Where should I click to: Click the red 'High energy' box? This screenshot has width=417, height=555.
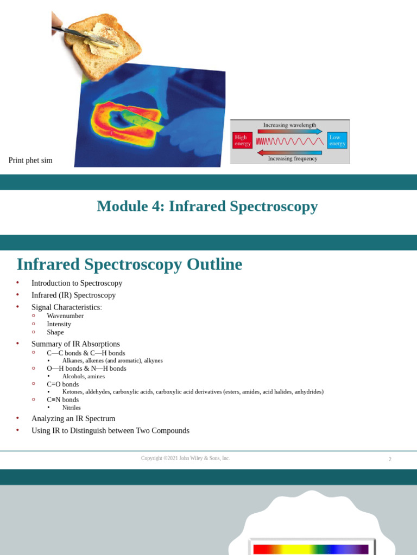coord(242,140)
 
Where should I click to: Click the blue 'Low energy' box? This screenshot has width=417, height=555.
coord(337,140)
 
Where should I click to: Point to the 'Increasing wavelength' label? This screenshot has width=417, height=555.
coord(289,125)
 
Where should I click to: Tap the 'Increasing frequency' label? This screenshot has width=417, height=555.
coord(292,159)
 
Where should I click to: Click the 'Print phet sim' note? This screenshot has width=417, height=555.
coord(30,160)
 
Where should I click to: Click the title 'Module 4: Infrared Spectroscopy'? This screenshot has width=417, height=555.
coord(207,206)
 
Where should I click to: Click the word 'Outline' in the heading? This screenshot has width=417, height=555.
coord(214,264)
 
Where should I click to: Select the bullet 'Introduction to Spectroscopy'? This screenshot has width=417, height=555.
coord(77,283)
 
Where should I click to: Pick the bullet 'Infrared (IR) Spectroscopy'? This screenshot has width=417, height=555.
coord(73,295)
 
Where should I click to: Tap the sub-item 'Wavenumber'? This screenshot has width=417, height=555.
coord(65,315)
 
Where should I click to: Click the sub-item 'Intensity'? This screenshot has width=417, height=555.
coord(59,324)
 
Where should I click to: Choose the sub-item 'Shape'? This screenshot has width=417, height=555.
coord(55,332)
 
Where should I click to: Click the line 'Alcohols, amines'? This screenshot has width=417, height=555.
coord(84,376)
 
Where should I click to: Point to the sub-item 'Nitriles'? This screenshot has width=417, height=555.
coord(71,408)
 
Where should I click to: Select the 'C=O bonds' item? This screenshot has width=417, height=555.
coord(62,384)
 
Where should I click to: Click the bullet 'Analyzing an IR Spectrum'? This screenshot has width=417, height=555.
coord(73,418)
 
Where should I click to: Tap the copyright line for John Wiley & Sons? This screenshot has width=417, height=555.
coord(185,459)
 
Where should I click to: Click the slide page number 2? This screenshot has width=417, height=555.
coord(389,459)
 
